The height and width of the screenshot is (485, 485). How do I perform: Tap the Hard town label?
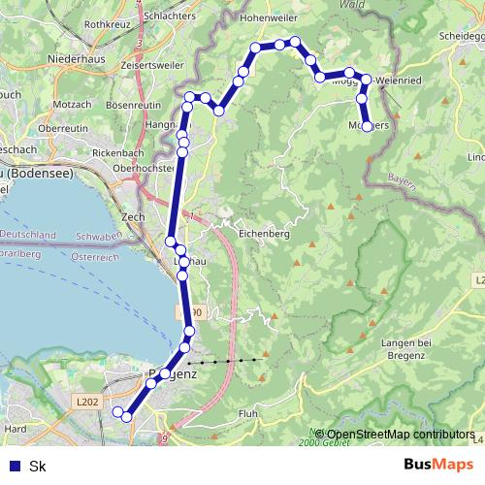tap(16, 427)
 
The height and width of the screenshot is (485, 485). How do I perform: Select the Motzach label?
tap(73, 103)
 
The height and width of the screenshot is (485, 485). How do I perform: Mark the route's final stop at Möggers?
tap(367, 127)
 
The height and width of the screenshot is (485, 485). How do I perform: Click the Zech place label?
tap(133, 217)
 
